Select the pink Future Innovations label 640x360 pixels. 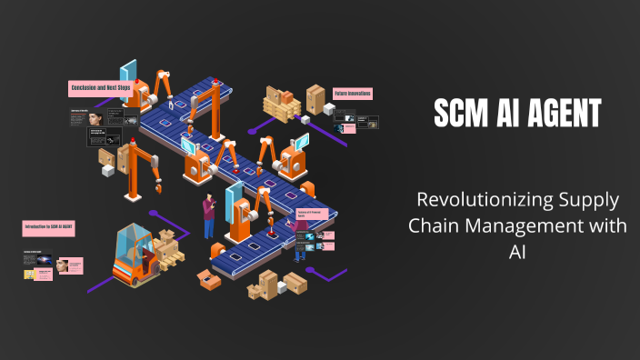(352, 93)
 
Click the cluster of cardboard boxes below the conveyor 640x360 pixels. (265, 284)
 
